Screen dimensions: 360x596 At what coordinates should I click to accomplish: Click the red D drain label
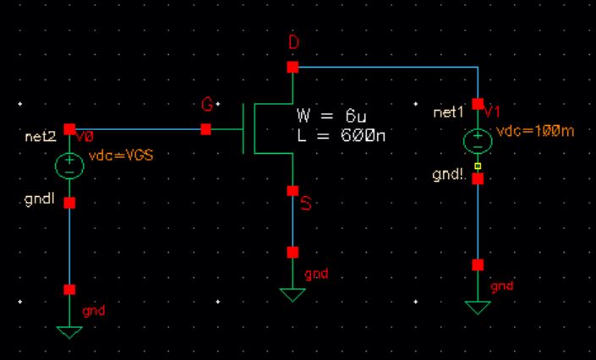coord(293,43)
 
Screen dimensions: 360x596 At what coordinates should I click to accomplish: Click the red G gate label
coord(206,105)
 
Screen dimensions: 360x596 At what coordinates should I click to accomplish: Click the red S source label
coord(306,204)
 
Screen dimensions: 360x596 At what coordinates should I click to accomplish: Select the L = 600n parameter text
coord(342,134)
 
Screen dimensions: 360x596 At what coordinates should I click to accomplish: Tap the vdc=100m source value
coord(528,132)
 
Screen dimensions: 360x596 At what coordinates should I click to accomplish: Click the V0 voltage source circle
coord(69,166)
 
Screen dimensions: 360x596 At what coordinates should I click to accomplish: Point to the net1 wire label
coord(448,112)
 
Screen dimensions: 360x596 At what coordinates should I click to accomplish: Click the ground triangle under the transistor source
coord(293,294)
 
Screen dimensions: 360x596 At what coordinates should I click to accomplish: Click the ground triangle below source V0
coord(69,330)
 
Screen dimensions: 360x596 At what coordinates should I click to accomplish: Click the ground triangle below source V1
coord(478,306)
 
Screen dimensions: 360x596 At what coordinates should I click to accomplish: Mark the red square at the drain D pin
coord(293,67)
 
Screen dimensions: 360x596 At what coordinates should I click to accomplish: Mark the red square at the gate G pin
coord(205,129)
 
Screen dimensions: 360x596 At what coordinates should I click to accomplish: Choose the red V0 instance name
coord(85,136)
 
